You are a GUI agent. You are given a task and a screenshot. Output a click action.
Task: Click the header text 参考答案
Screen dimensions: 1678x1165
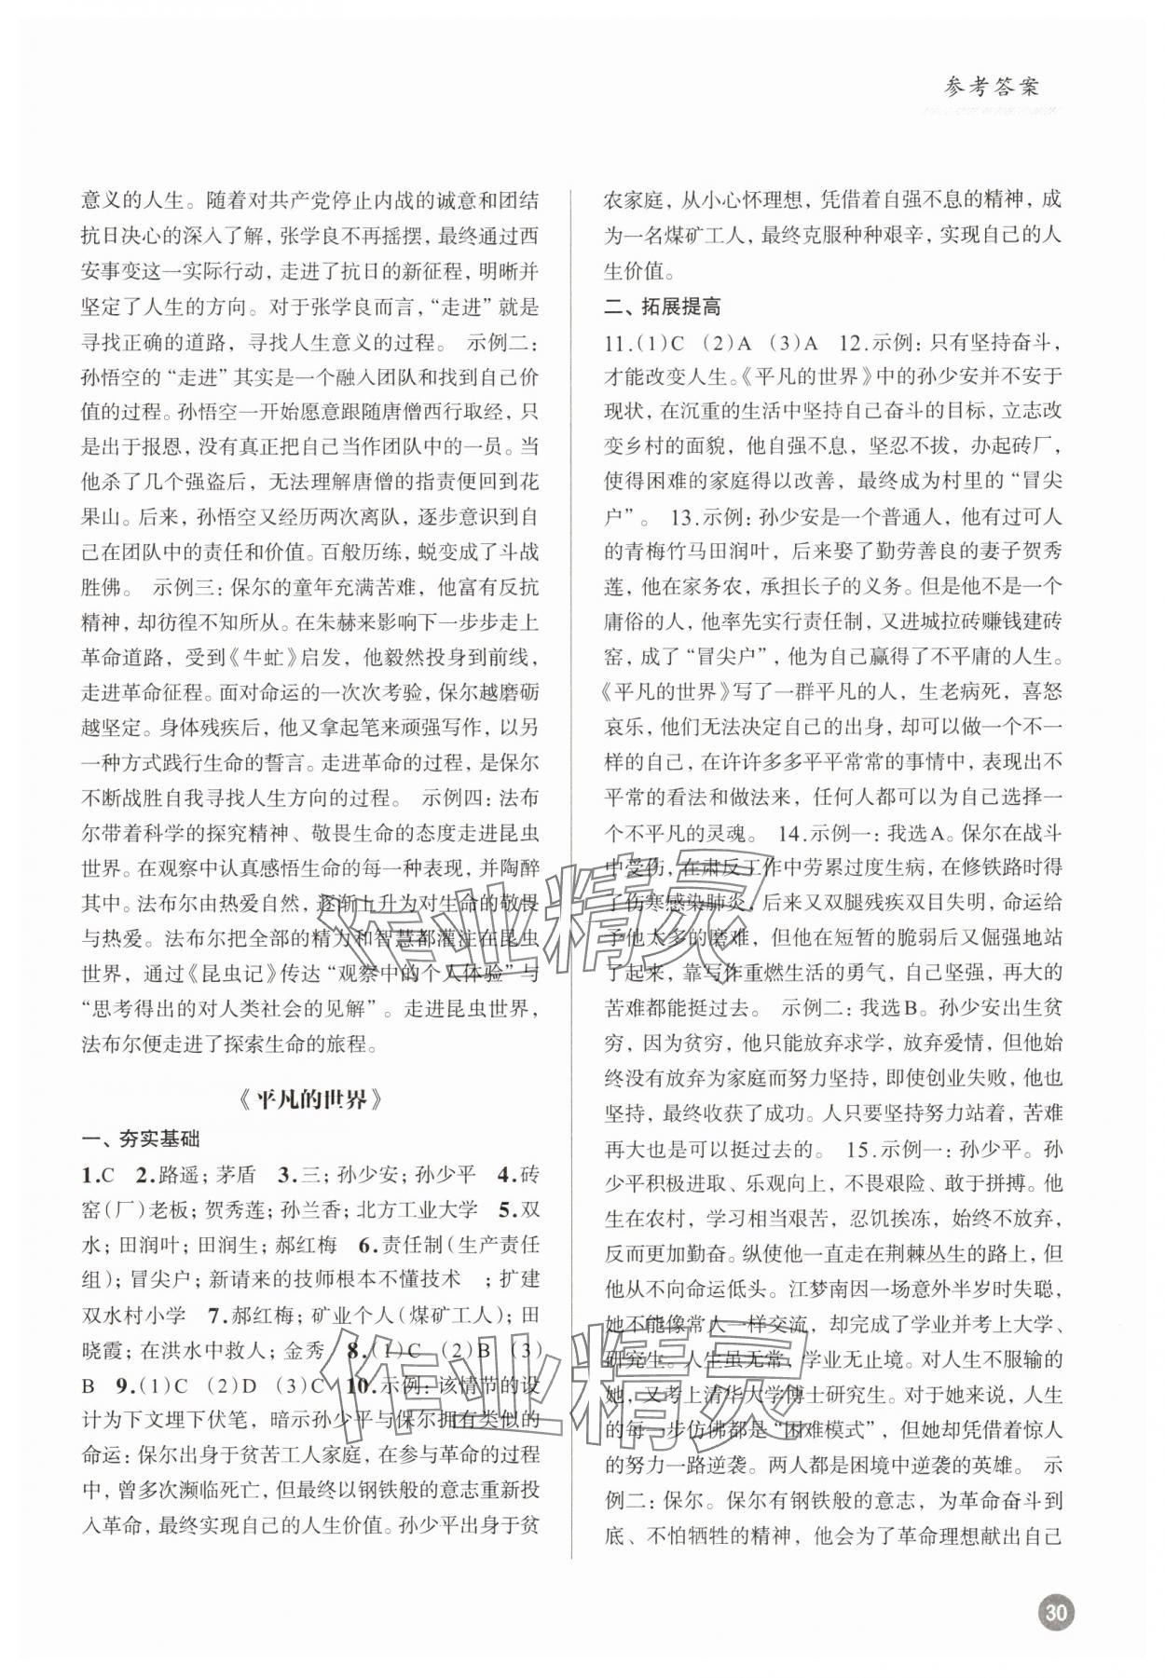click(978, 89)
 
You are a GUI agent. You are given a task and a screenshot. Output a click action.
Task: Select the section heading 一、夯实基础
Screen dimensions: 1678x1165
click(141, 1139)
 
